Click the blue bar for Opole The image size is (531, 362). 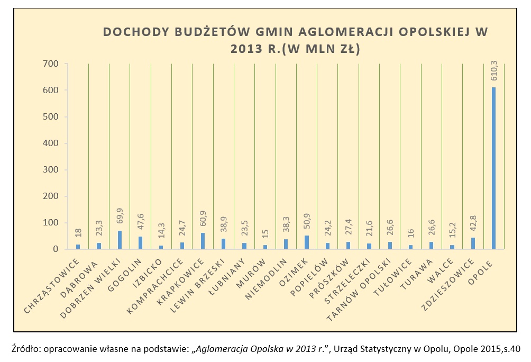coord(494,168)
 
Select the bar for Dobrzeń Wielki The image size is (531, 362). coord(120,240)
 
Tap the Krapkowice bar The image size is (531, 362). coord(203,241)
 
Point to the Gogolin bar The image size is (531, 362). coord(140,243)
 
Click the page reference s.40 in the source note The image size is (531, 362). coord(511,349)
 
